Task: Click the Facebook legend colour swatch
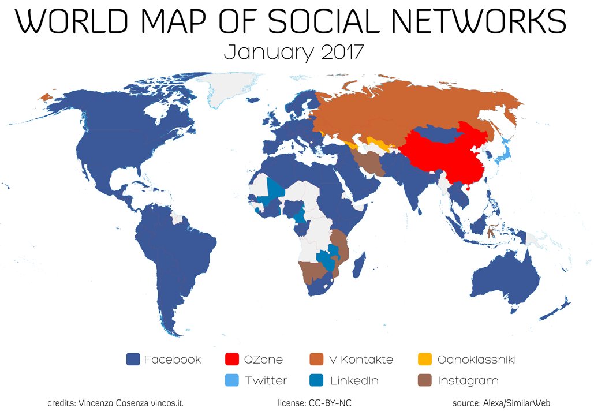[133, 360]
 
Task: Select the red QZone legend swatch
[231, 360]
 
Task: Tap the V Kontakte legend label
[360, 360]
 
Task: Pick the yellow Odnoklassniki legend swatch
[425, 360]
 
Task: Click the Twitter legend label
[266, 381]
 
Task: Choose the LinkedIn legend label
[354, 381]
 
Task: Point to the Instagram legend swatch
[425, 381]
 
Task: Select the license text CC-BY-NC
[317, 403]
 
